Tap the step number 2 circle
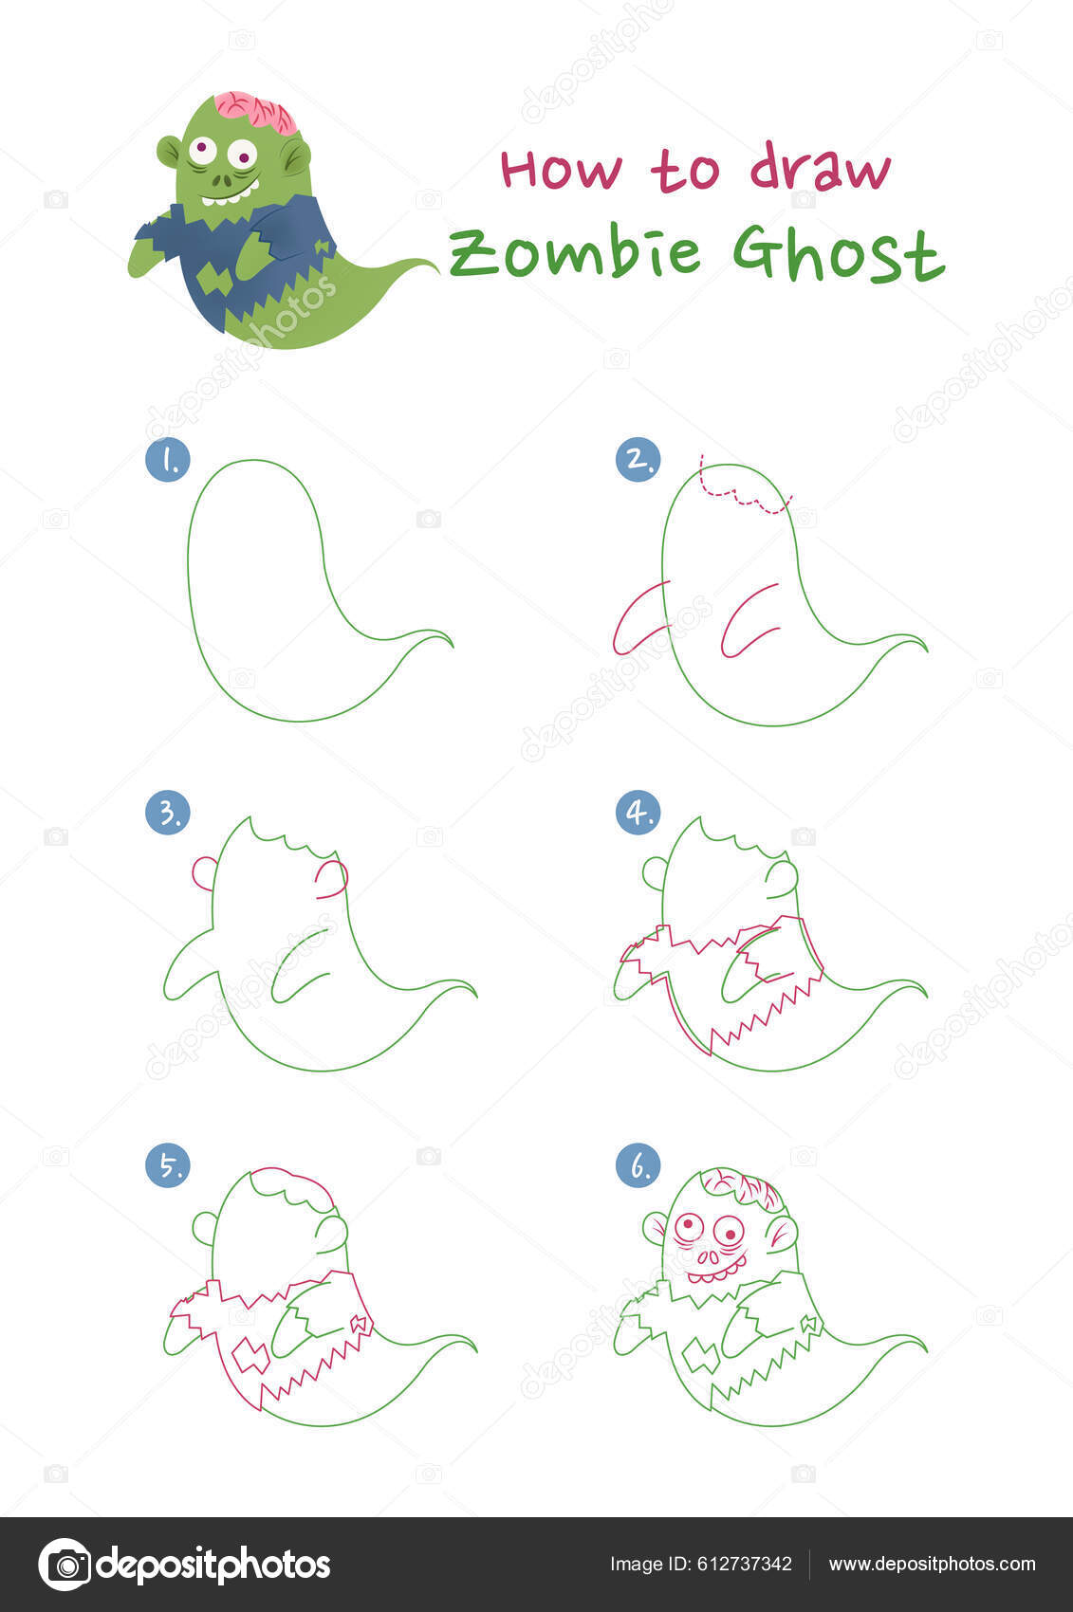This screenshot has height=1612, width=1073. [x=638, y=459]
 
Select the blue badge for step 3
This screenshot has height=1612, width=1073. [x=168, y=813]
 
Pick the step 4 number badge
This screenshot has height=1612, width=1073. [x=638, y=813]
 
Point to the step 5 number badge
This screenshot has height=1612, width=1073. [x=168, y=1165]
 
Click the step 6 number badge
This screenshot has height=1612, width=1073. [x=638, y=1165]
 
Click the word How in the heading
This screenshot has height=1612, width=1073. [x=561, y=170]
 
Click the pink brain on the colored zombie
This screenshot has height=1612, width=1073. [x=256, y=112]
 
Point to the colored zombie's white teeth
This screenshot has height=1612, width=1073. [x=229, y=194]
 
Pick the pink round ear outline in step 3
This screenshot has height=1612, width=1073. [x=204, y=873]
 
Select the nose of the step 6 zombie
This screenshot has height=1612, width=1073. [x=709, y=1256]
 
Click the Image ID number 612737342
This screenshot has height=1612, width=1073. [x=744, y=1565]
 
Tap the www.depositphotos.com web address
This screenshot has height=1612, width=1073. [x=932, y=1565]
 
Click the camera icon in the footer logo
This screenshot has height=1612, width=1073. [x=65, y=1565]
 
